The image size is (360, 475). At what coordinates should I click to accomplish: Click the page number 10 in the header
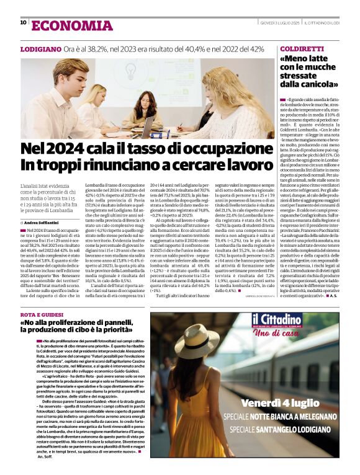24,23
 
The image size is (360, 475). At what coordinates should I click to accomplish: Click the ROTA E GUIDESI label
43,315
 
